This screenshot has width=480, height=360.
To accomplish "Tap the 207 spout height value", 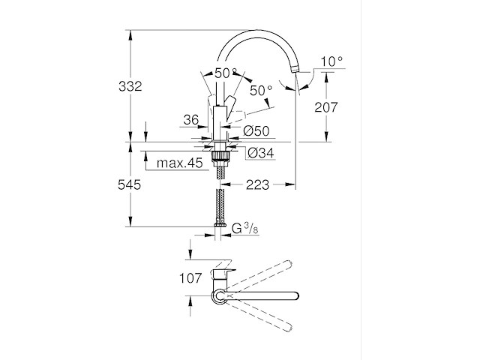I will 328,108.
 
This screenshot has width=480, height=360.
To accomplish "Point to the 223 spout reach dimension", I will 256,184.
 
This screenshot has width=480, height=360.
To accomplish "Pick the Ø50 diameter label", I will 257,132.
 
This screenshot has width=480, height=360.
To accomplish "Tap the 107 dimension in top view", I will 190,278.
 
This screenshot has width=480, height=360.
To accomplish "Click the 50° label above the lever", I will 226,73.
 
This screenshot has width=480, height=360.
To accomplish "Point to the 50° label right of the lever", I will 261,91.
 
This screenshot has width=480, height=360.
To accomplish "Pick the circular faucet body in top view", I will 219,297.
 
